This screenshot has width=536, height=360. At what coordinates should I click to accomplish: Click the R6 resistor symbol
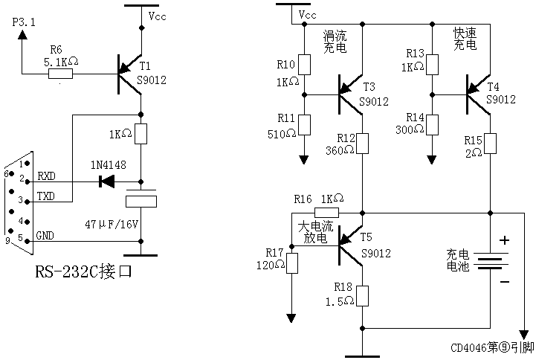(x=60, y=73)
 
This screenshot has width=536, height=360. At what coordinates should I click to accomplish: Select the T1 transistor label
(x=144, y=65)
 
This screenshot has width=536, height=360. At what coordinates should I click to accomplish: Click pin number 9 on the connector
(x=7, y=240)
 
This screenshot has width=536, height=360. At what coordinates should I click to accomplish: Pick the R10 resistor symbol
(x=304, y=65)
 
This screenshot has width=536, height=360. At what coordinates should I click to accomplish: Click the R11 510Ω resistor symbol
(x=304, y=126)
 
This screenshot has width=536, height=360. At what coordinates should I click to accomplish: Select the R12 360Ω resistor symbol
(x=362, y=143)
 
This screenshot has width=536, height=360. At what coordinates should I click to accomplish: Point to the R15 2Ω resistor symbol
(x=490, y=143)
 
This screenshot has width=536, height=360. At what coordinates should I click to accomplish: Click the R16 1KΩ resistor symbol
(x=327, y=212)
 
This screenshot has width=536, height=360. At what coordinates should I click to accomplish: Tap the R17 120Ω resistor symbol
(x=291, y=263)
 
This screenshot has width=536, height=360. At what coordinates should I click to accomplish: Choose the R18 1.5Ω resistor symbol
(x=362, y=296)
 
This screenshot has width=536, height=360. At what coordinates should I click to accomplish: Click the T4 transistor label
(x=494, y=86)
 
